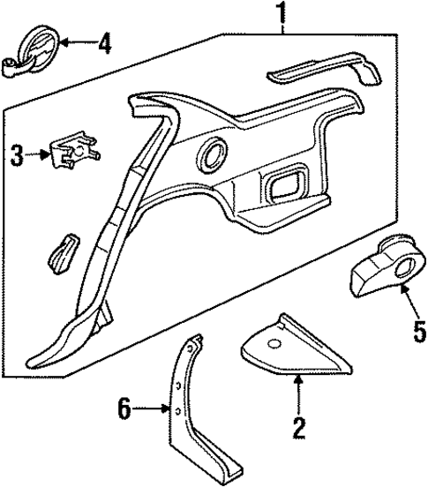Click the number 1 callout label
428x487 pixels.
point(282,13)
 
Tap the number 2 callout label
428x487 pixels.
point(299,428)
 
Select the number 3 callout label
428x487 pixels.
point(17,156)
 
